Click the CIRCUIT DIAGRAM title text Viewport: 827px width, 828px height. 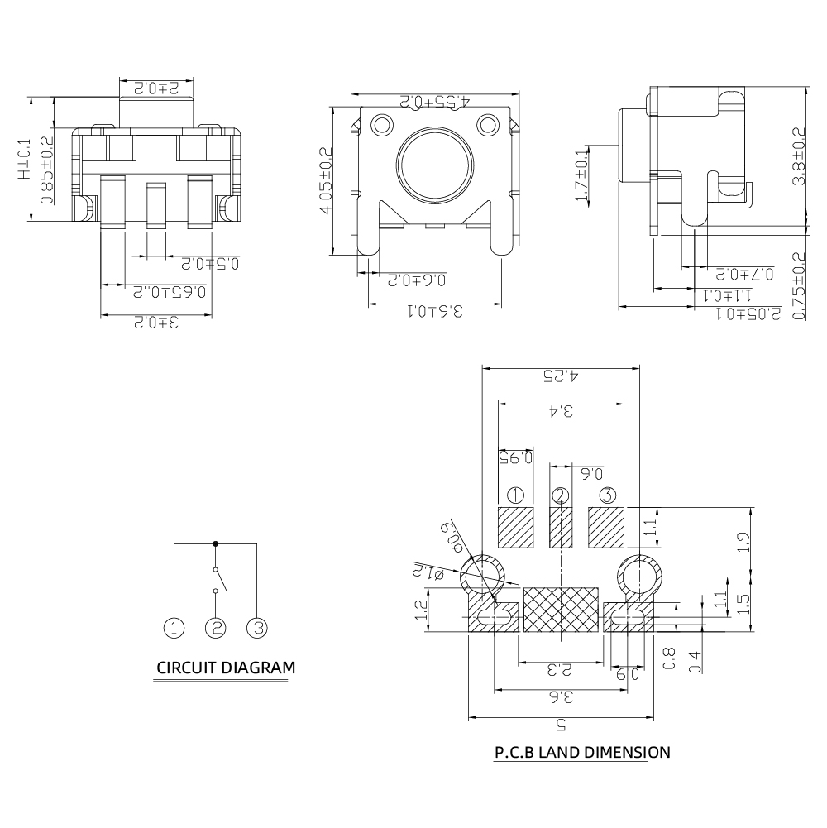[x=225, y=668]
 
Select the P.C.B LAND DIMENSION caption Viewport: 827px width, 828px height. [x=581, y=752]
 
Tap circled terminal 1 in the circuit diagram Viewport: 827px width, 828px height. [x=174, y=628]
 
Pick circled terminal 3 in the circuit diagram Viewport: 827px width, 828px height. [x=257, y=628]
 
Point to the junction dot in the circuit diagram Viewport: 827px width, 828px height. [x=216, y=543]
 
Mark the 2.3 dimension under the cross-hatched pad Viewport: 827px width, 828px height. [x=561, y=671]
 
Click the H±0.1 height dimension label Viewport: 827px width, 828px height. [x=24, y=159]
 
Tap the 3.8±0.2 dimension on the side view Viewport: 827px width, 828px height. [x=798, y=156]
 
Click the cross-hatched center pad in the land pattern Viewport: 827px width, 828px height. [x=562, y=610]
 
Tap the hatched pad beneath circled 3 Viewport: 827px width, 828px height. [x=607, y=528]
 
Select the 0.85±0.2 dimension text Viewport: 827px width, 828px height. [x=48, y=175]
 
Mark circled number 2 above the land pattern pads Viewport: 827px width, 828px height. [x=562, y=496]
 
